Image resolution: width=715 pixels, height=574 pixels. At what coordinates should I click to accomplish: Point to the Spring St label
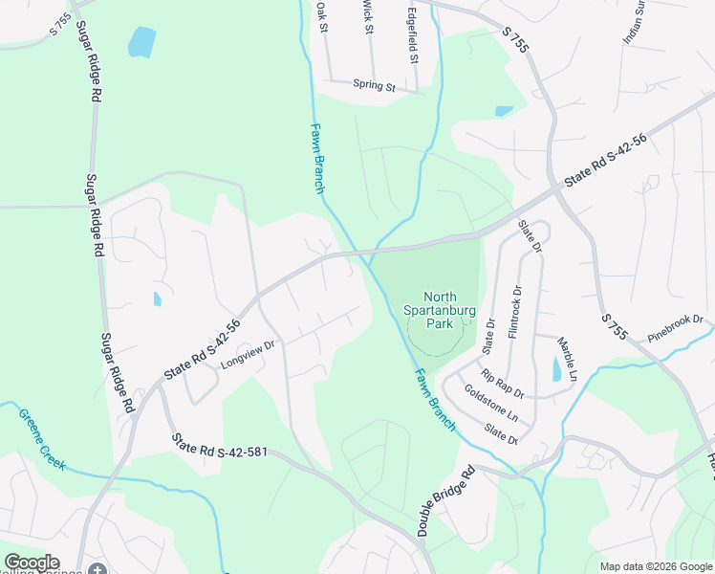point(374,86)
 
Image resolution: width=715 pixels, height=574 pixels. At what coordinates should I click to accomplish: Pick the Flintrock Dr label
point(515,309)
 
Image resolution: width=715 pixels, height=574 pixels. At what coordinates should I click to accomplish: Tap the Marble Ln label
point(567,357)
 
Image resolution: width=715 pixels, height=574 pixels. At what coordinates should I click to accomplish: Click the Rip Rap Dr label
point(502,384)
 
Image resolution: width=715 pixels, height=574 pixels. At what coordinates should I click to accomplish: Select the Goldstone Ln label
point(489,405)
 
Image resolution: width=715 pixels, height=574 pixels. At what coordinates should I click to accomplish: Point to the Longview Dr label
point(248,355)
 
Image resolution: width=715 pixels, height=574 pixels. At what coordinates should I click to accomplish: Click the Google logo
point(31,563)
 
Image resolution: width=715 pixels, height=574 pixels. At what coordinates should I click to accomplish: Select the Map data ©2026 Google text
point(655,566)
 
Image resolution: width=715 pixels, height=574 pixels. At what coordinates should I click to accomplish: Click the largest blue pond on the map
point(141,41)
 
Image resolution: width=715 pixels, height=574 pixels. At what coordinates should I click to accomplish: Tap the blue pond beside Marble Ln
point(557,368)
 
